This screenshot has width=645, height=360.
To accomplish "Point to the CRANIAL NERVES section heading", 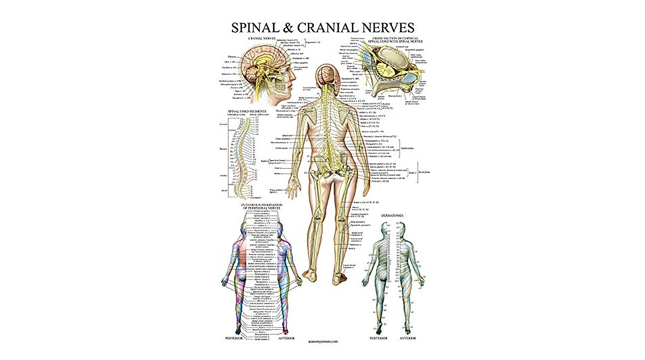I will pos(262,39).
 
